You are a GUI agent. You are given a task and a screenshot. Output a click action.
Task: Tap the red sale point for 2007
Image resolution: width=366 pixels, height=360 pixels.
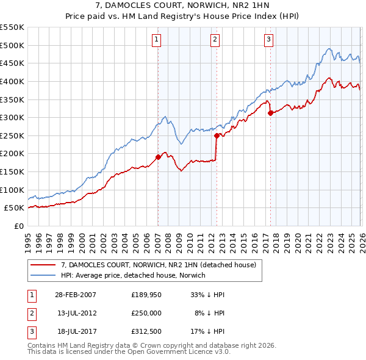click(x=158, y=157)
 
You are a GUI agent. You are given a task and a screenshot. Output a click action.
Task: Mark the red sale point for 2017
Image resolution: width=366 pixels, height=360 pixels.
click(x=270, y=113)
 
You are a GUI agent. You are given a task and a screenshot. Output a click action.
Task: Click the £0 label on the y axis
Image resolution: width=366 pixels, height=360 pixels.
click(x=19, y=226)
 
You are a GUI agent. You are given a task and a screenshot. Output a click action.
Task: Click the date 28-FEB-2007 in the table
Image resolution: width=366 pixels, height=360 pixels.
click(x=75, y=295)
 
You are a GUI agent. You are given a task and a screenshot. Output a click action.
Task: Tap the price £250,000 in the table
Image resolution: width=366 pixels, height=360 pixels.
click(x=146, y=312)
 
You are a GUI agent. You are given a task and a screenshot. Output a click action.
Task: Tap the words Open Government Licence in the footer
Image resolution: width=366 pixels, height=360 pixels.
click(x=178, y=352)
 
